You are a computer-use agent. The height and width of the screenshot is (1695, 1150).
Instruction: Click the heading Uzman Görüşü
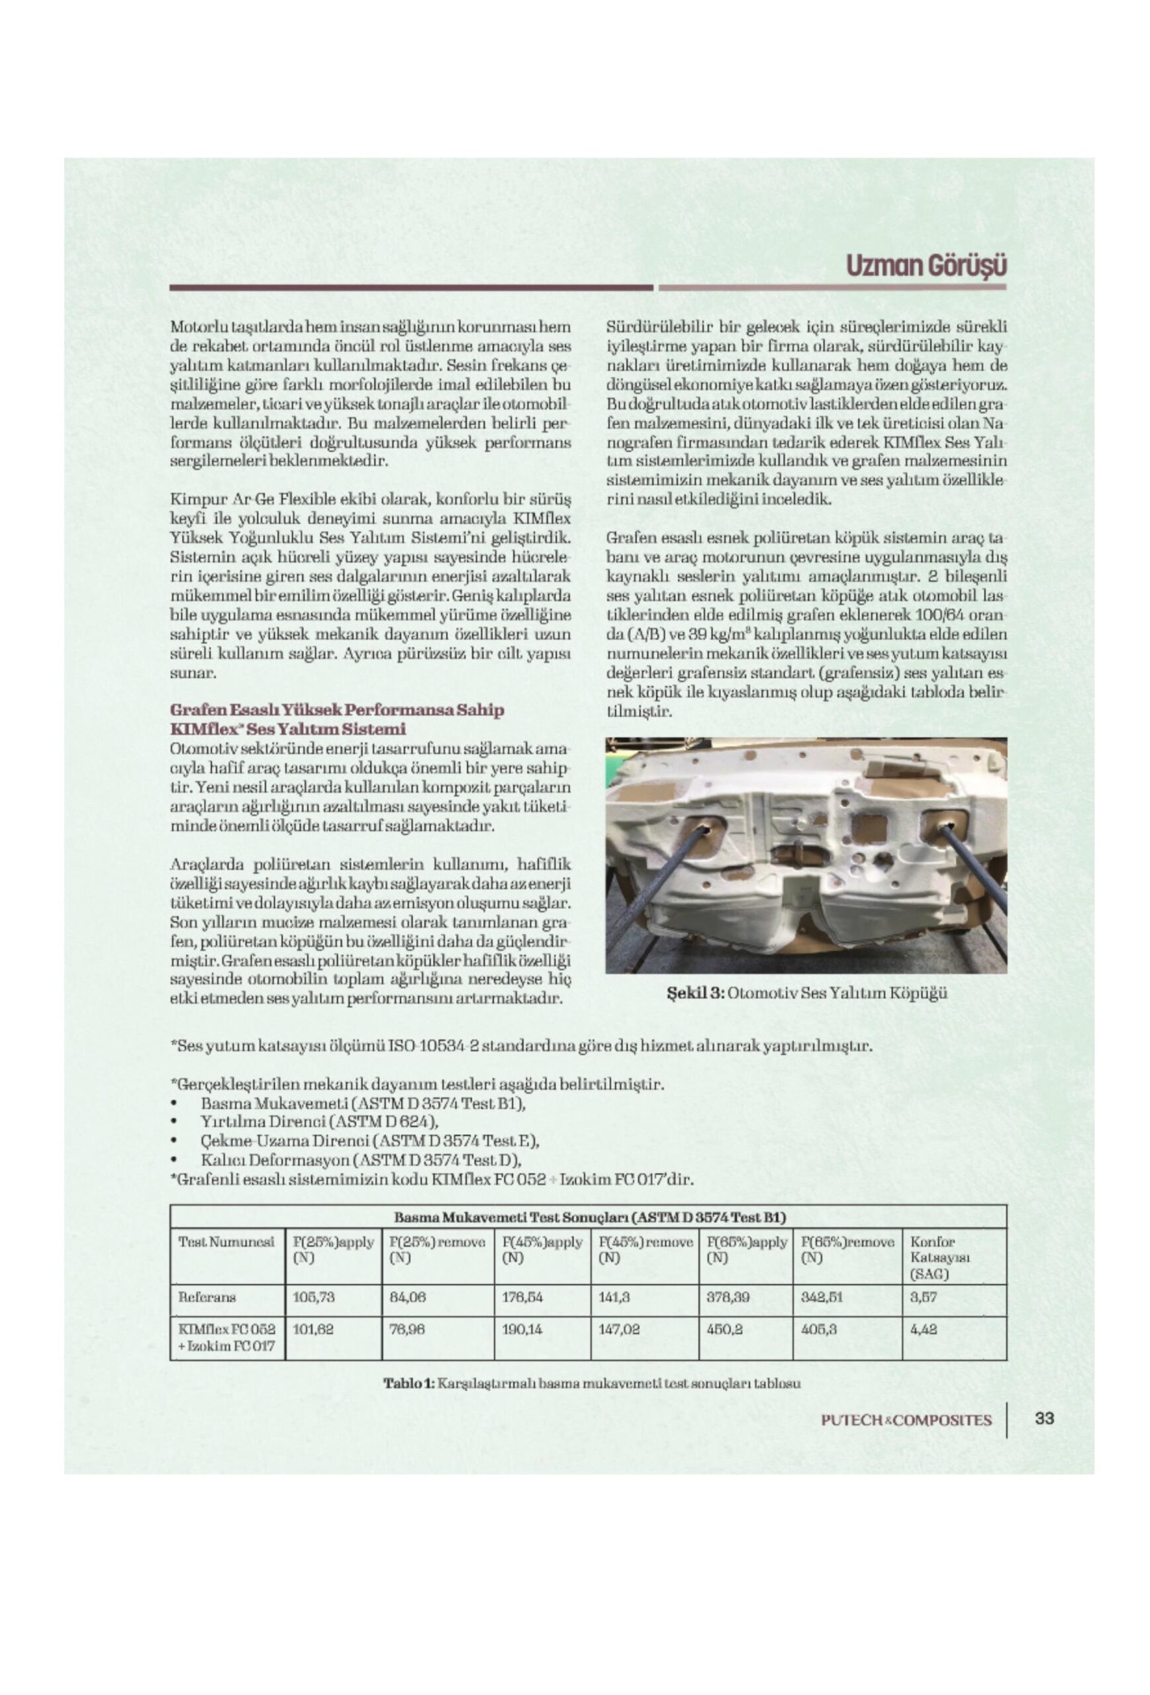coord(926,266)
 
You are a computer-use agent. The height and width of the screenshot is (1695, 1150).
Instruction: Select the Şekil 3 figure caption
coord(806,993)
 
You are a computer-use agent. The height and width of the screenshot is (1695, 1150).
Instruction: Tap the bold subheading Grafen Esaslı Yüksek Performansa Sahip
coord(337,710)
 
